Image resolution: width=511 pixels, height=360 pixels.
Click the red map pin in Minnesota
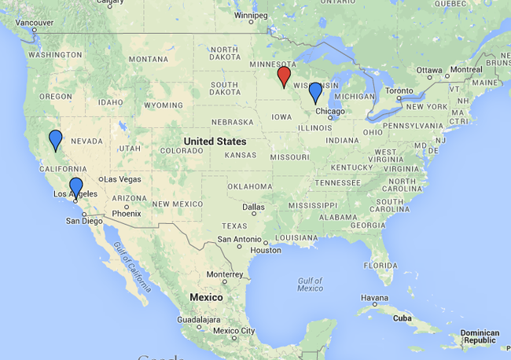[x=284, y=75]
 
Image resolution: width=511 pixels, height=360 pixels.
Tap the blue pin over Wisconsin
[x=315, y=91]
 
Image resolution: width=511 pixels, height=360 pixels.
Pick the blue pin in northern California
[x=55, y=139]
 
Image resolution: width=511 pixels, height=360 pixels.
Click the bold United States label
[x=215, y=141]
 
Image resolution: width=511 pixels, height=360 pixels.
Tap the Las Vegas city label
[x=122, y=179]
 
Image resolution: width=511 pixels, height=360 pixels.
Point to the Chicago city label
[x=331, y=112]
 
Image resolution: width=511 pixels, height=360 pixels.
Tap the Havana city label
[x=374, y=298]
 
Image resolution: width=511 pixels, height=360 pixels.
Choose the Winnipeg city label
[x=252, y=15]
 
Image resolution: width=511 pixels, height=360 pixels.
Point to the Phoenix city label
[x=126, y=213]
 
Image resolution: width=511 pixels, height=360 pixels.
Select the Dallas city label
[x=253, y=208]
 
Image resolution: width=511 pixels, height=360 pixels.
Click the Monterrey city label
[x=225, y=274]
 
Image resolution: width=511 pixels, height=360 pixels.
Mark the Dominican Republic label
[x=480, y=336]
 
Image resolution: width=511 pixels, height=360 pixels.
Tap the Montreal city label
[x=466, y=70]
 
